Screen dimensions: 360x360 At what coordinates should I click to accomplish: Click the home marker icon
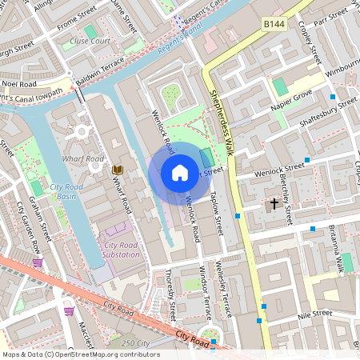[180, 173]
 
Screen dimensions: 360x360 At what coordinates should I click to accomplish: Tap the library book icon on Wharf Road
[118, 170]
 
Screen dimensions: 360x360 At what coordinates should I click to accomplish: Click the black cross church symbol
[274, 203]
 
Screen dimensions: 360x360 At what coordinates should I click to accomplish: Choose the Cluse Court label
[90, 40]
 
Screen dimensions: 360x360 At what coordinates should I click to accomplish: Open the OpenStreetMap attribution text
[81, 354]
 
